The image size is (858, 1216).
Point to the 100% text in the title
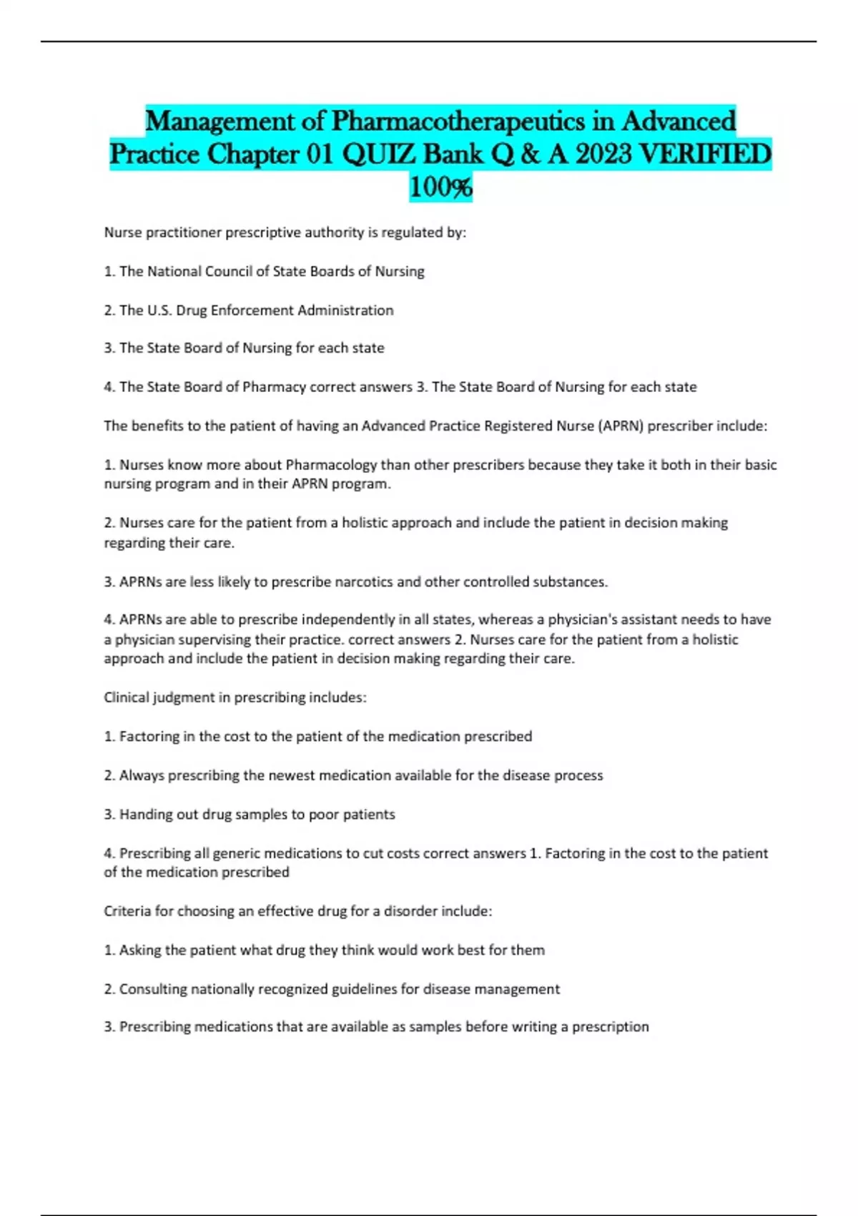click(x=440, y=187)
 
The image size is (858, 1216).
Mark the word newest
click(x=291, y=775)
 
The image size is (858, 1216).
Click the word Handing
click(x=144, y=815)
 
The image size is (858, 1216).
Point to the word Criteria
click(x=129, y=911)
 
